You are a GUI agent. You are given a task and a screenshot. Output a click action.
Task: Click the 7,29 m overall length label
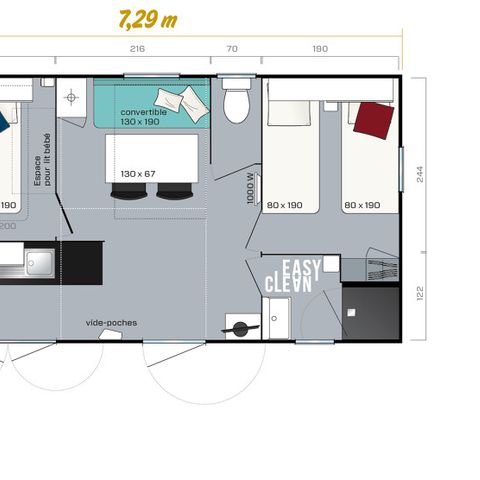(x=147, y=19)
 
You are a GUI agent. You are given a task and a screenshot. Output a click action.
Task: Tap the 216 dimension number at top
(x=138, y=49)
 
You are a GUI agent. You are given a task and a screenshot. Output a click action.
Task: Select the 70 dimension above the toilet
(x=232, y=49)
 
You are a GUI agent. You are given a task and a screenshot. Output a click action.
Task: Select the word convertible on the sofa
(x=143, y=112)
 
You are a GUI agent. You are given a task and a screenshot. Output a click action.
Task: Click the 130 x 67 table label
(x=137, y=172)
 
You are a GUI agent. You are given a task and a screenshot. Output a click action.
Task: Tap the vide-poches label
(x=112, y=322)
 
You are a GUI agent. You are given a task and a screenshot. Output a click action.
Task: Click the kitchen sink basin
(x=40, y=263)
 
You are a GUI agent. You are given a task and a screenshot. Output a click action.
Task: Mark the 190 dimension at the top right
(x=320, y=49)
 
